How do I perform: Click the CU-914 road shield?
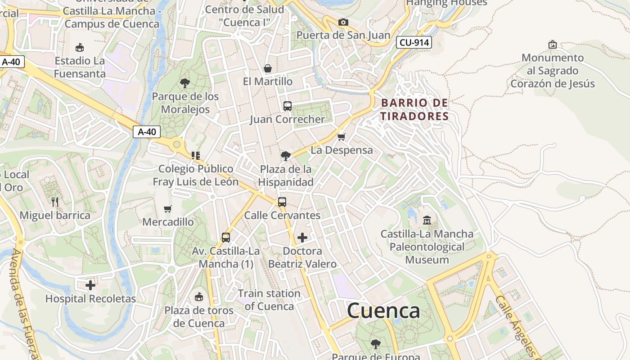click(x=414, y=43)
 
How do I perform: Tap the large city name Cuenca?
click(x=383, y=310)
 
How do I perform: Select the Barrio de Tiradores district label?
click(x=414, y=109)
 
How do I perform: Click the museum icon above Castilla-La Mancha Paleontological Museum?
click(x=427, y=220)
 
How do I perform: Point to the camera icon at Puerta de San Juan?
click(x=343, y=22)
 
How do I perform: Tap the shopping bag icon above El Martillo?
click(x=268, y=68)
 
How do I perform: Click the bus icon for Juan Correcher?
click(x=288, y=106)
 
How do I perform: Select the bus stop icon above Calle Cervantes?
click(x=282, y=202)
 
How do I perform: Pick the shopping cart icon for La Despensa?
click(x=342, y=137)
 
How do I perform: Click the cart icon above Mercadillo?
click(x=168, y=209)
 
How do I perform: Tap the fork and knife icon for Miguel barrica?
click(x=55, y=202)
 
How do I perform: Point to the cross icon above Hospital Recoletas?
click(x=90, y=285)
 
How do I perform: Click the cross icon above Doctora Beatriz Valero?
click(x=302, y=237)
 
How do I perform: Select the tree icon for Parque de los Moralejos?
click(x=184, y=83)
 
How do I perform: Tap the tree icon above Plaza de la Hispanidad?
click(x=285, y=156)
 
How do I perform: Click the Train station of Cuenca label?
click(x=269, y=300)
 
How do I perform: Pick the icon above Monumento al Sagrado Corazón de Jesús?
click(x=552, y=45)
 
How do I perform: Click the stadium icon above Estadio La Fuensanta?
click(x=80, y=47)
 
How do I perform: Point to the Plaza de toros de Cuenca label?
click(x=199, y=317)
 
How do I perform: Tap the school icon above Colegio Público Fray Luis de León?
click(x=195, y=156)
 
